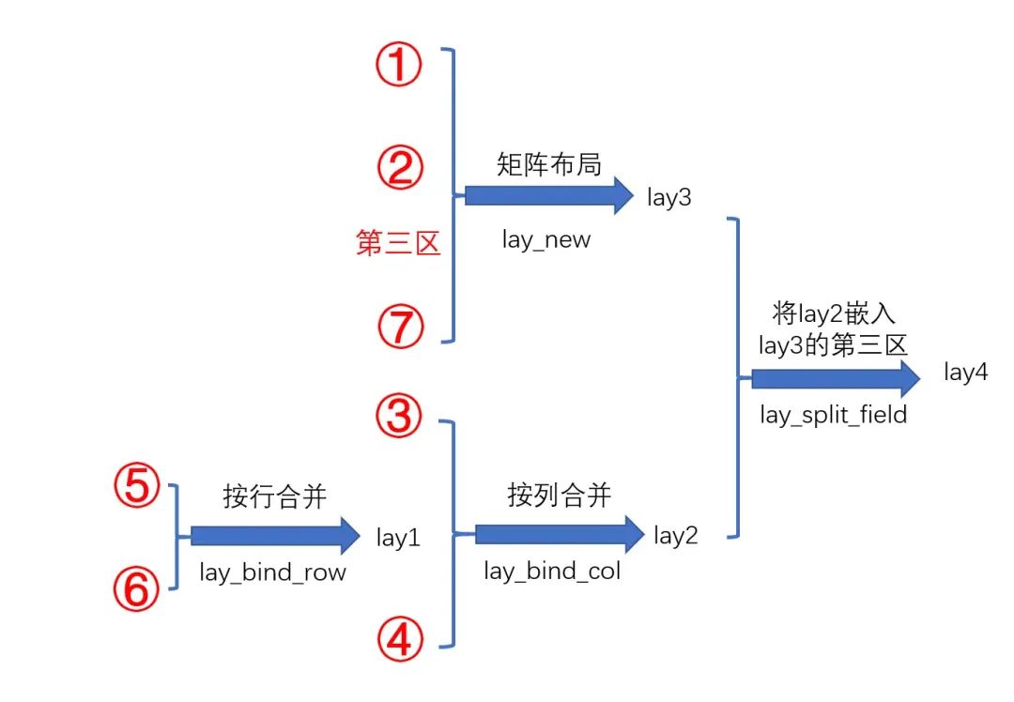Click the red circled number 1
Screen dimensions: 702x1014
coord(400,69)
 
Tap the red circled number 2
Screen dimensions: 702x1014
coord(401,169)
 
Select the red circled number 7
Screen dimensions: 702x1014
coord(401,328)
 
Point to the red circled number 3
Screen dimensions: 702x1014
coord(400,416)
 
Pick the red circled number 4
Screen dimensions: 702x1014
coord(400,641)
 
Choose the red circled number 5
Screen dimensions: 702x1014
coord(137,489)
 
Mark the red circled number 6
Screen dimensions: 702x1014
coord(137,589)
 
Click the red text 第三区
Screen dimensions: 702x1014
coord(398,244)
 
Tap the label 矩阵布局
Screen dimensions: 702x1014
coord(549,163)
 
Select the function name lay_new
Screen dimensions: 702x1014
coord(546,239)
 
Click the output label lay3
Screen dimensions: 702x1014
coord(668,198)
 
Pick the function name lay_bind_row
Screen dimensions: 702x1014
coord(272,572)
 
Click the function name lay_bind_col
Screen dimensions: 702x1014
coord(552,570)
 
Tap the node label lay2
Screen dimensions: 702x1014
coord(676,536)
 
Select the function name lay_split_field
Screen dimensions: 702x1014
coord(834,414)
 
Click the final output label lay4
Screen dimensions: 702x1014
coord(966,373)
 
